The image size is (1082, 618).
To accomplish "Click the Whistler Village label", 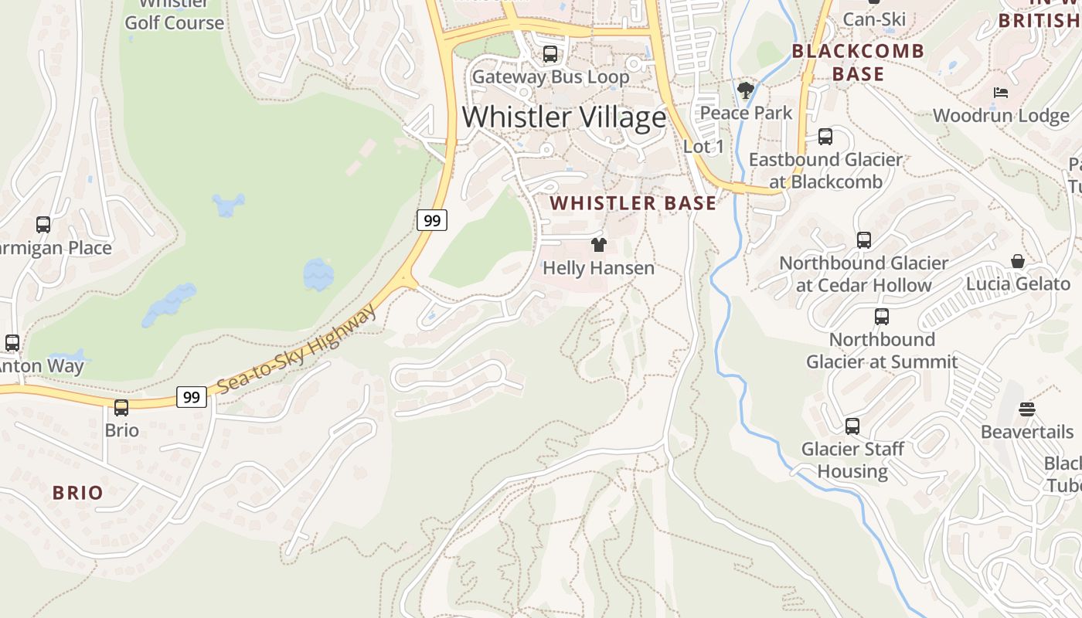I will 564,117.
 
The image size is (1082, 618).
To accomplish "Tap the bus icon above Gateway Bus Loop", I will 550,54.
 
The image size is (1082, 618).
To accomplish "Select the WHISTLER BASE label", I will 633,203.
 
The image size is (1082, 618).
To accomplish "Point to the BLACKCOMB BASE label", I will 858,63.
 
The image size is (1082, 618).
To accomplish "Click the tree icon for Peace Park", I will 746,91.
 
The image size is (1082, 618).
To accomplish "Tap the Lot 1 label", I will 704,146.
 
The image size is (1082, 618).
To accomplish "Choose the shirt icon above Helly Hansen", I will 599,246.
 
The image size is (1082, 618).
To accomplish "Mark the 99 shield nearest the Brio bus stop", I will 192,397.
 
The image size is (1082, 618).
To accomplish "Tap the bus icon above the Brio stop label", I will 121,408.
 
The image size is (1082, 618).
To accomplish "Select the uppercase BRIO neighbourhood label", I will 77,492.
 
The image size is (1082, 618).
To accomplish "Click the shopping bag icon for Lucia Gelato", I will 1018,262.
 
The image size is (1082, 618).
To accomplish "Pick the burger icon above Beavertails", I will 1027,409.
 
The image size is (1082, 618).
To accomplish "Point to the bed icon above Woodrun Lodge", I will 1001,93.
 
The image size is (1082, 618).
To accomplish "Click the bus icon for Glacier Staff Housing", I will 852,426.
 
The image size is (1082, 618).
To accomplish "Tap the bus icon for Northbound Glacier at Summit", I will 882,317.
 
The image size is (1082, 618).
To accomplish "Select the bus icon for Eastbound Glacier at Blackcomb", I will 825,138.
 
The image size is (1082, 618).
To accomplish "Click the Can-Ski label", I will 874,19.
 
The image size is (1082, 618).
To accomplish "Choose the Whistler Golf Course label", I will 174,17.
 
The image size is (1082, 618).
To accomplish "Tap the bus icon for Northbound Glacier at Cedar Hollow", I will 864,240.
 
